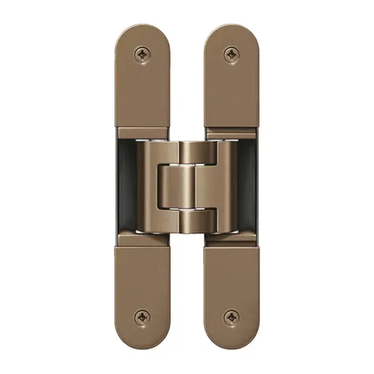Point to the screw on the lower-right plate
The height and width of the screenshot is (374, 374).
click(x=231, y=317)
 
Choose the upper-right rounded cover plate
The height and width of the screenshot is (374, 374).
click(x=231, y=82)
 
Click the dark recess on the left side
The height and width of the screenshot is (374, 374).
click(x=125, y=187)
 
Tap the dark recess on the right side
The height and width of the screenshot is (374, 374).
click(x=248, y=187)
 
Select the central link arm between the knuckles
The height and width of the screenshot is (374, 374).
click(x=186, y=187)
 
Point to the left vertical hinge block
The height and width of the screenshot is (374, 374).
click(x=148, y=187)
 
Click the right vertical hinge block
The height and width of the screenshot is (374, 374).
click(x=226, y=187)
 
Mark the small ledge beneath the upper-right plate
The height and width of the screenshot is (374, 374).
click(x=231, y=133)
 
